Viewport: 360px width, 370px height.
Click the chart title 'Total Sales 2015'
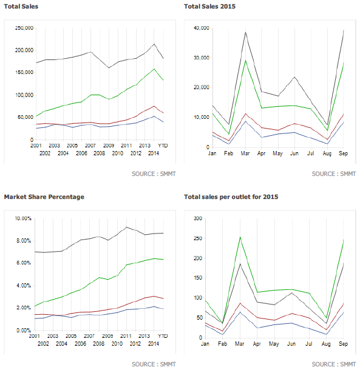pyautogui.click(x=209, y=6)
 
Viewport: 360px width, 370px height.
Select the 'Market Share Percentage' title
pyautogui.click(x=44, y=197)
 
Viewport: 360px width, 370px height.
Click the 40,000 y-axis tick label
pyautogui.click(x=200, y=28)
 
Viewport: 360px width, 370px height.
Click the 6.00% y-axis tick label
pyautogui.click(x=22, y=263)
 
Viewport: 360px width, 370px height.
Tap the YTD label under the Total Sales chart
pyautogui.click(x=163, y=146)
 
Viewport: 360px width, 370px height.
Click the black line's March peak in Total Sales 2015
pyautogui.click(x=245, y=32)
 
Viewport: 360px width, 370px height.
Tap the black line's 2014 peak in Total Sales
pyautogui.click(x=154, y=44)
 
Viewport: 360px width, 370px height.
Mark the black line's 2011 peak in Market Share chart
pyautogui.click(x=126, y=227)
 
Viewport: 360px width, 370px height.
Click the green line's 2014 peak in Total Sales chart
pyautogui.click(x=154, y=69)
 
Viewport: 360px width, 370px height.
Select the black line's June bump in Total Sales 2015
pyautogui.click(x=294, y=77)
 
